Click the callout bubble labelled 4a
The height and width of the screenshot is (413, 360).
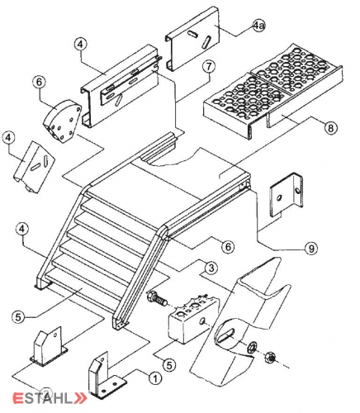tap(258, 26)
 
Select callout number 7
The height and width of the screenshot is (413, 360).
tap(209, 67)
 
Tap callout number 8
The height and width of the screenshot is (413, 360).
tap(330, 127)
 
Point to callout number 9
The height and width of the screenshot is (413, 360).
tap(311, 249)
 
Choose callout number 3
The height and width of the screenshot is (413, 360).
tap(211, 268)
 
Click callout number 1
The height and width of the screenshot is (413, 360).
tap(155, 378)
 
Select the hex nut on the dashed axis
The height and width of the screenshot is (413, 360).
tap(270, 358)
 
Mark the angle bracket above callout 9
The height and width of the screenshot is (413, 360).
tap(287, 195)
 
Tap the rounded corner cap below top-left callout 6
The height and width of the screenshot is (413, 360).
tap(63, 121)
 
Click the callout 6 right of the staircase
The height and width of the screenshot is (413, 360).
tap(229, 246)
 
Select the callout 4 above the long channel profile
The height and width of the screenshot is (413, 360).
tap(80, 45)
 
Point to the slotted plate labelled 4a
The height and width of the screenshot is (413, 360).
tap(193, 39)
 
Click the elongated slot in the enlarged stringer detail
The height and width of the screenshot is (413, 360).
tap(226, 335)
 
